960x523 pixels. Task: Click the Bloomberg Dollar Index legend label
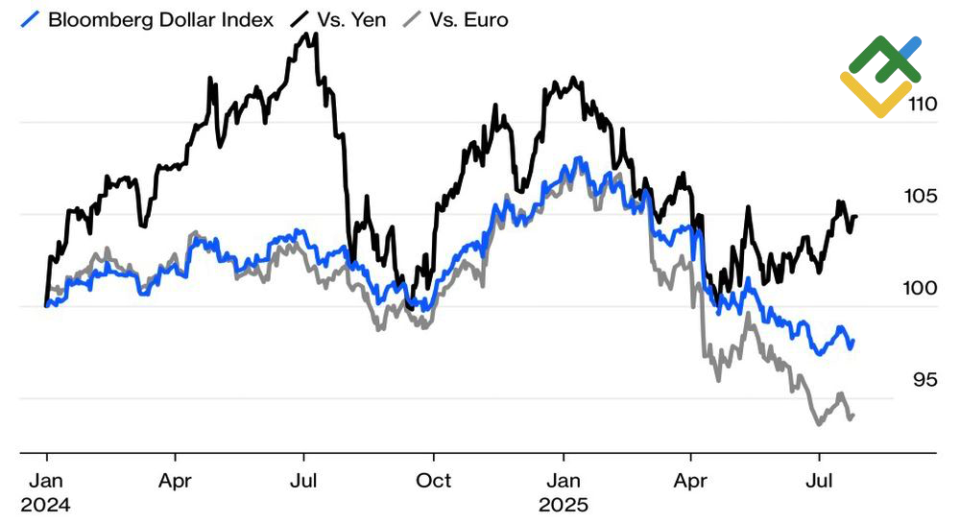click(x=160, y=19)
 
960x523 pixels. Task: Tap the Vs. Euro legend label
click(x=470, y=19)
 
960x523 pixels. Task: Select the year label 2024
click(x=45, y=504)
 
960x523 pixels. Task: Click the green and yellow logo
click(x=880, y=77)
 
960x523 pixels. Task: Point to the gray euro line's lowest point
click(x=819, y=423)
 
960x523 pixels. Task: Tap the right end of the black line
click(x=856, y=216)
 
